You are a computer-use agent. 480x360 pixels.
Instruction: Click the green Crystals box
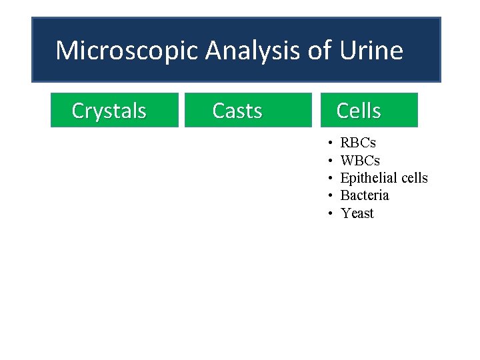click(115, 110)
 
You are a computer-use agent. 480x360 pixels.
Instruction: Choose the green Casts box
click(247, 110)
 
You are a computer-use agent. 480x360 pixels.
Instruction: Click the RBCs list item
click(358, 143)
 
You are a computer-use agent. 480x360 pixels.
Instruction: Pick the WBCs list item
click(360, 161)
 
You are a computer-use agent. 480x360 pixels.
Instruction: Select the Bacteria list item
click(365, 195)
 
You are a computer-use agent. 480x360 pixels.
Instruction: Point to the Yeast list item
click(357, 213)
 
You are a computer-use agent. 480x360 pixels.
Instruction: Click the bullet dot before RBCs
click(331, 143)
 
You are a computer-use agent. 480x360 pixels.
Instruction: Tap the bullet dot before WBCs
click(331, 161)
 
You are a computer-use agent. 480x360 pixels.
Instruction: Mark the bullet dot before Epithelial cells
click(331, 179)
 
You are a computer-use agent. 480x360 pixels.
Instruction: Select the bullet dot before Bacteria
click(331, 196)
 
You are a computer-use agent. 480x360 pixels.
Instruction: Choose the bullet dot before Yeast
click(331, 214)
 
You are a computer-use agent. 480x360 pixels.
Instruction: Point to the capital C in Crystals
click(78, 111)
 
